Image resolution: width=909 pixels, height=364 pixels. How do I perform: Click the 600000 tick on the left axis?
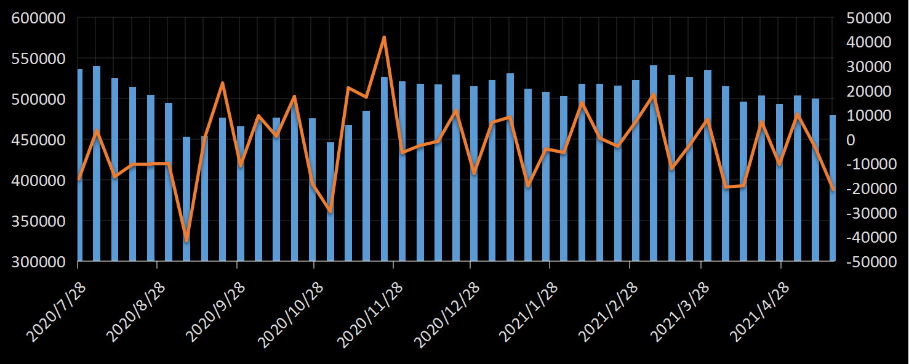pos(38,18)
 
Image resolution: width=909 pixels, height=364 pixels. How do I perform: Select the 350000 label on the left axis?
pos(38,221)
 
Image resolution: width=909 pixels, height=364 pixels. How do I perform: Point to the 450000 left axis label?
pos(38,140)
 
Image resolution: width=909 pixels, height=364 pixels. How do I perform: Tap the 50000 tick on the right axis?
pos(868,18)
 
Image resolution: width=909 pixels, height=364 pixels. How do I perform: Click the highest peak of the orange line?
pos(384,38)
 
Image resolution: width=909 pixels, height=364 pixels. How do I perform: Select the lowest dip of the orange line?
pos(186,240)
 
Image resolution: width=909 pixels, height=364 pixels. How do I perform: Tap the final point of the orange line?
pos(833,188)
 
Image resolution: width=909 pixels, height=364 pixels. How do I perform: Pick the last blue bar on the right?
pos(833,188)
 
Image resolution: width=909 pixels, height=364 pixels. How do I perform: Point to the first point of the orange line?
pos(79,179)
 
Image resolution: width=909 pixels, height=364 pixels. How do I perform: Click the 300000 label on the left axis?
pos(38,262)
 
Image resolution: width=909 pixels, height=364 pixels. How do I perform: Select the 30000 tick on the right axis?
pos(868,67)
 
